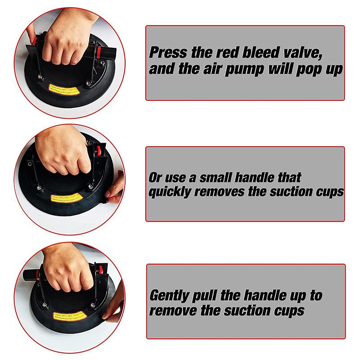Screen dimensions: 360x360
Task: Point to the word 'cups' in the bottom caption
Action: point(286,310)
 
